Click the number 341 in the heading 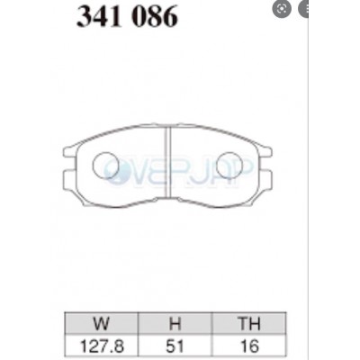(x=100, y=16)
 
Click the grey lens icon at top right (x=284, y=10)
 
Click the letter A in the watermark (x=225, y=168)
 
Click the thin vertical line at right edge (x=309, y=180)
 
